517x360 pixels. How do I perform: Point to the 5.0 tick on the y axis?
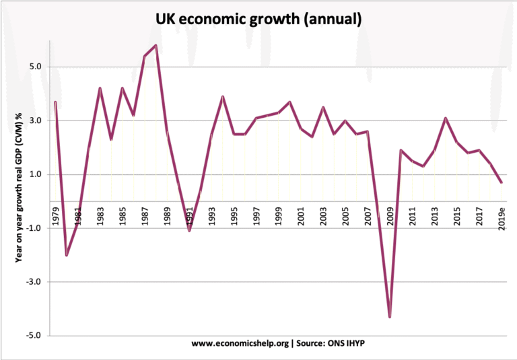35,67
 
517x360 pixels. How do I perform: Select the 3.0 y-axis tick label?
35,121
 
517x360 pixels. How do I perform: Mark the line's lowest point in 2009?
390,317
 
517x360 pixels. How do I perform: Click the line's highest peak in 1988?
156,45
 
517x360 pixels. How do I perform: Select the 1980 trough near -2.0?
66,255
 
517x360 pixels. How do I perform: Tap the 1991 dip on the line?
189,231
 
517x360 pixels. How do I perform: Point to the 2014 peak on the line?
446,118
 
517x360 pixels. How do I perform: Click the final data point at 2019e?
502,182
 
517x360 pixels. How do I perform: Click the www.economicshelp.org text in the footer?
240,343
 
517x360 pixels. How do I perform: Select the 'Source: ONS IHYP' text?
330,343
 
